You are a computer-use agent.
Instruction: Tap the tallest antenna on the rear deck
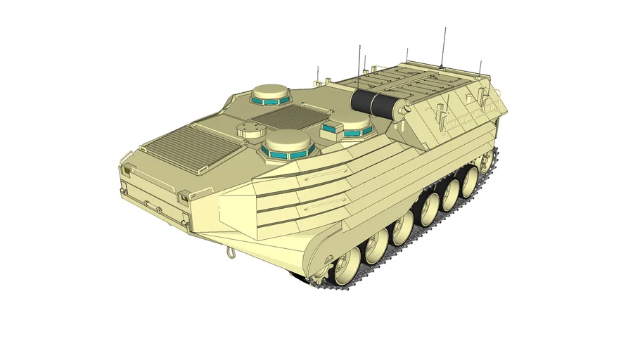pos(442,46)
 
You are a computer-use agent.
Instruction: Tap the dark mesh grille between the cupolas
pos(289,114)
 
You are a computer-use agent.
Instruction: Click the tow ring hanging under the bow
pos(229,252)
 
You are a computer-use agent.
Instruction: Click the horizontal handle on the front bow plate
pos(151,204)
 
